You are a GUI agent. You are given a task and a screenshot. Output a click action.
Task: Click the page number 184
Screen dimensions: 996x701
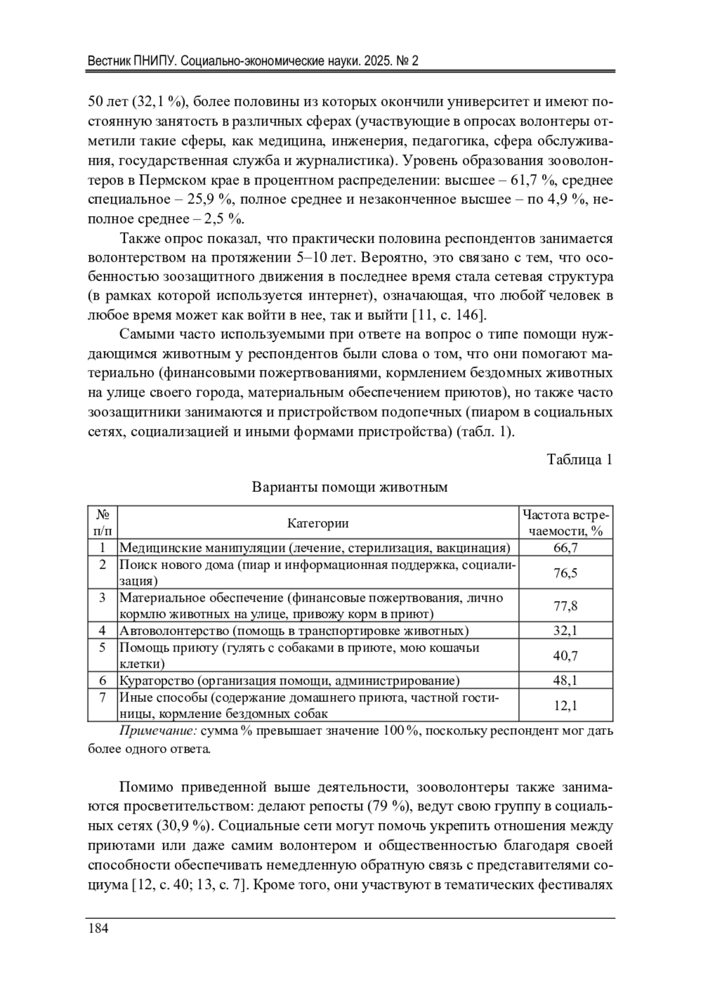[x=98, y=929]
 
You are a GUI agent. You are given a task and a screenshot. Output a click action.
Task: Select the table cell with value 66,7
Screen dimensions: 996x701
[x=565, y=547]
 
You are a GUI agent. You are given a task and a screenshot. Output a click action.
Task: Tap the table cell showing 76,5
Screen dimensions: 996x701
[x=565, y=572]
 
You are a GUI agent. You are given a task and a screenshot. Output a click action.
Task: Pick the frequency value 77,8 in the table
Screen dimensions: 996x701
[x=565, y=606]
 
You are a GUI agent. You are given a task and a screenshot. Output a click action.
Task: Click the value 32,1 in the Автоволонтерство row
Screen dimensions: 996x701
[x=565, y=630]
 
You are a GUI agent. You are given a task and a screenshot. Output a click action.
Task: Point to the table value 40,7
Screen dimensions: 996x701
[x=565, y=655]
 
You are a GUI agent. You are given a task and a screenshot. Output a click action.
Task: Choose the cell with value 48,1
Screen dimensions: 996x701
[x=565, y=681]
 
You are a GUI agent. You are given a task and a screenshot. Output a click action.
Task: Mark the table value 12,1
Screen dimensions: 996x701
[x=565, y=706]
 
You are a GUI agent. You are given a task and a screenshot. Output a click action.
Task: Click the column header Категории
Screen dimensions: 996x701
[x=318, y=523]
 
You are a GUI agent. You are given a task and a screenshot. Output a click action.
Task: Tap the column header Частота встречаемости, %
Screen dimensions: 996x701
[x=565, y=523]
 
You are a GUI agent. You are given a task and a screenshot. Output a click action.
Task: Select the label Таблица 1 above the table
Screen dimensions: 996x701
[x=579, y=460]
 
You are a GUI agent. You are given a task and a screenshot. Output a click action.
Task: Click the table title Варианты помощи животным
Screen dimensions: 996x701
[x=349, y=487]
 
